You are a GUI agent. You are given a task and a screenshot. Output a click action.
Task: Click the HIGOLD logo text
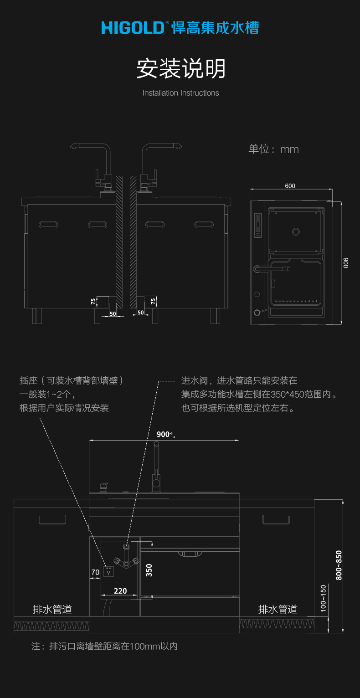[132, 28]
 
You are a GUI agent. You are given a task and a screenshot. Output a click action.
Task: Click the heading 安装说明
[181, 69]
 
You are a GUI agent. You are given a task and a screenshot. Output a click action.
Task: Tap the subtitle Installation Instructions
[180, 93]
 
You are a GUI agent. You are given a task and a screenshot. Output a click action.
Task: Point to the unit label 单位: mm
[273, 149]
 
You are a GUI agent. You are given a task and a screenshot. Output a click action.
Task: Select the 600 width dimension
[290, 186]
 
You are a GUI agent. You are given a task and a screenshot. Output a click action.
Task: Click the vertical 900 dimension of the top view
[346, 263]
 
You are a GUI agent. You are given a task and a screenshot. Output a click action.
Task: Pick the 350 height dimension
[149, 570]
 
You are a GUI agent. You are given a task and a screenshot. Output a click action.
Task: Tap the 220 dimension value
[120, 591]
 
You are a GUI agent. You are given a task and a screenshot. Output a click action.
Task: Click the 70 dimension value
[95, 572]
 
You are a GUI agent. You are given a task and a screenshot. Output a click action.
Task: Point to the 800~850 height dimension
[339, 565]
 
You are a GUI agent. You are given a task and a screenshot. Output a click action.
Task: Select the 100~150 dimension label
[323, 598]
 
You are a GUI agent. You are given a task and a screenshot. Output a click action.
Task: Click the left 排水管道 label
[52, 609]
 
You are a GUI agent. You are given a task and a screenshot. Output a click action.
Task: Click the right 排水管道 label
[278, 609]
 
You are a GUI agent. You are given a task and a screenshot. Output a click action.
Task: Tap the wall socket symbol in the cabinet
[108, 570]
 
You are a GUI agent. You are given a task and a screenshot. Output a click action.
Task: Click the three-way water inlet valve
[126, 561]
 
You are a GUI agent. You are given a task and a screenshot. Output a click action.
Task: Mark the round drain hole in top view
[295, 231]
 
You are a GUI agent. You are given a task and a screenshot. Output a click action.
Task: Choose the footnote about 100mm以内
[104, 646]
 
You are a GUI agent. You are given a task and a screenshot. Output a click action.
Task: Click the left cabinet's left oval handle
[48, 224]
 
